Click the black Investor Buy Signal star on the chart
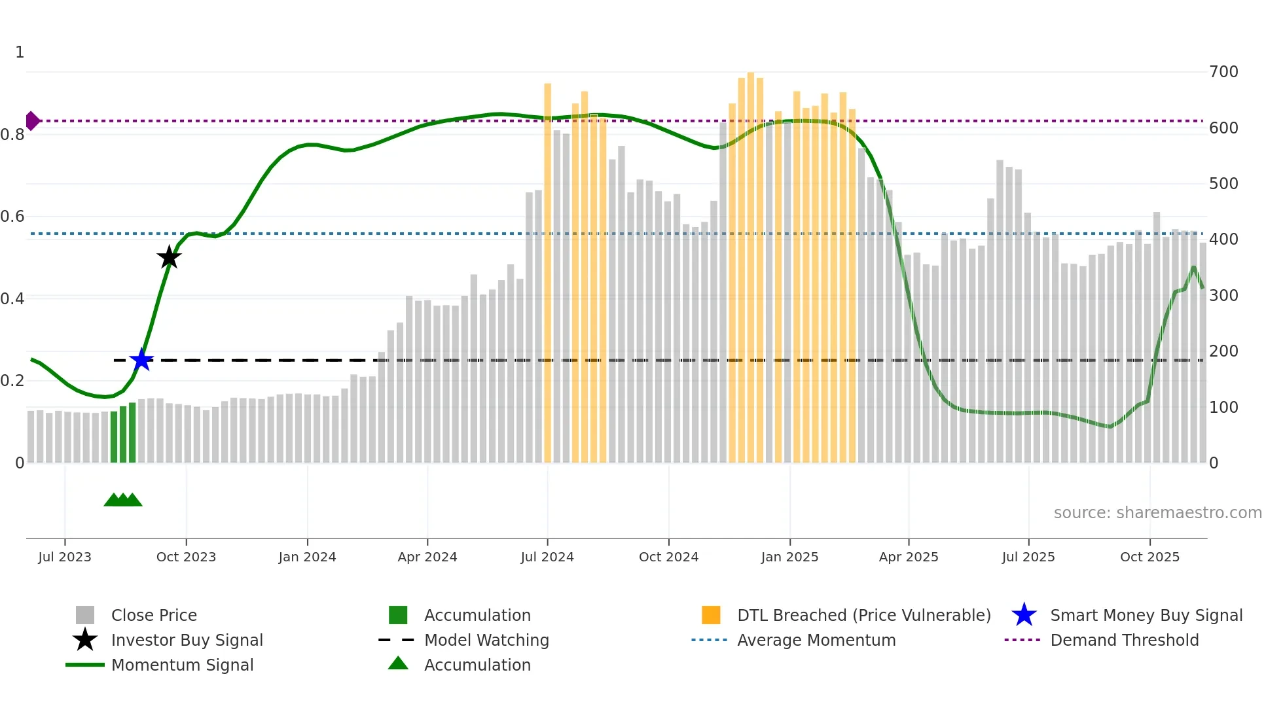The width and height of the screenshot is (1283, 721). click(x=169, y=257)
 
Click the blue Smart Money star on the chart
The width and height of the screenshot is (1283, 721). click(x=141, y=360)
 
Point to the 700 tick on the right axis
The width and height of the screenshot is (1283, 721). click(x=1223, y=72)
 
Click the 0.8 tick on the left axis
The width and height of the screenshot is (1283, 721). click(x=13, y=135)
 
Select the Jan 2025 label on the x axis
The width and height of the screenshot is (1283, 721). click(x=789, y=557)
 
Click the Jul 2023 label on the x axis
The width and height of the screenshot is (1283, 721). click(x=65, y=557)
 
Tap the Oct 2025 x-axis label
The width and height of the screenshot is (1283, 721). click(x=1149, y=557)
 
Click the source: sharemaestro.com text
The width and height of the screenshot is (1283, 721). click(x=1157, y=513)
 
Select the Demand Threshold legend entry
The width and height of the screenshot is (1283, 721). click(x=1124, y=640)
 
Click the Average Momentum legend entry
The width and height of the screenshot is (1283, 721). click(x=816, y=640)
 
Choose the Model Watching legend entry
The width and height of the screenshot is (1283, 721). click(x=486, y=640)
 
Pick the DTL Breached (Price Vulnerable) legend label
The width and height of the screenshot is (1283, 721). click(x=863, y=615)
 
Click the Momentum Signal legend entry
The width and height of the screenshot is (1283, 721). click(x=182, y=665)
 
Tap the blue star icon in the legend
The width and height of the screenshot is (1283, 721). click(x=1024, y=615)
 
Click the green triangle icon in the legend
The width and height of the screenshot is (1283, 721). click(x=398, y=663)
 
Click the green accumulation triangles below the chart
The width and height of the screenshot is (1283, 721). click(x=123, y=500)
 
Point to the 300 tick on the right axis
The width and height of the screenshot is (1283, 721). click(x=1223, y=296)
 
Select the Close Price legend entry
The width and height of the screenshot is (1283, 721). click(x=154, y=615)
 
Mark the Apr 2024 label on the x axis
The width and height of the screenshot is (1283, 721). click(x=427, y=557)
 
